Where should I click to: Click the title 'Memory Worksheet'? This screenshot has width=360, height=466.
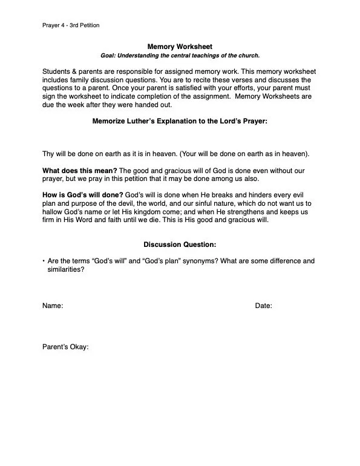click(x=180, y=47)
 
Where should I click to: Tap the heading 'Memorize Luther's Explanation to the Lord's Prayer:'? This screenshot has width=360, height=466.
click(x=180, y=121)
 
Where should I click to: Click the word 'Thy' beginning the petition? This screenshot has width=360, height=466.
click(x=48, y=153)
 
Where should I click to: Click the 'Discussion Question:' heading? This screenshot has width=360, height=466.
click(x=180, y=244)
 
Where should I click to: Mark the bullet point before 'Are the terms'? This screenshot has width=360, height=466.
click(x=44, y=261)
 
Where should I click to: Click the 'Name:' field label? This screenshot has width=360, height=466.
click(x=53, y=306)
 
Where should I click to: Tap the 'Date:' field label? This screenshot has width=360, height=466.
click(x=263, y=306)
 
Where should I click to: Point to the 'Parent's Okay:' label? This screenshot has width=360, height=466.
click(x=65, y=347)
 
